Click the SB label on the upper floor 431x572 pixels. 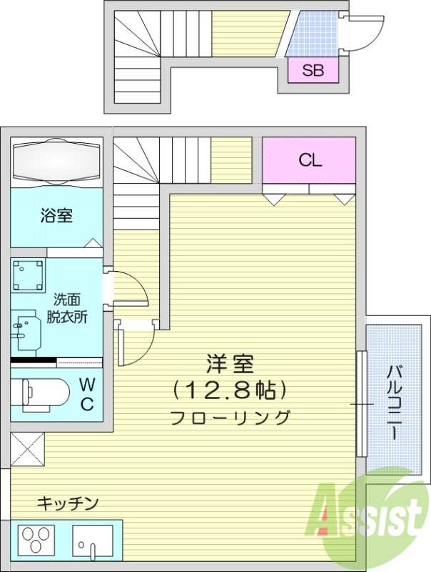click(313, 70)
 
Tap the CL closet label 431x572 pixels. click(310, 160)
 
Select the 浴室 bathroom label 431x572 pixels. click(56, 214)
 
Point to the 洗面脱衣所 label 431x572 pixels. click(67, 309)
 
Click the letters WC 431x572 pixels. click(86, 393)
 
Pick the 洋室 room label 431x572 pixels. click(230, 363)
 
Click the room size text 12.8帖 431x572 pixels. click(230, 390)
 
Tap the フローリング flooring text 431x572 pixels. click(230, 418)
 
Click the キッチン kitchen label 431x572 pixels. click(67, 503)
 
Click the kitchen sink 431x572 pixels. click(93, 541)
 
